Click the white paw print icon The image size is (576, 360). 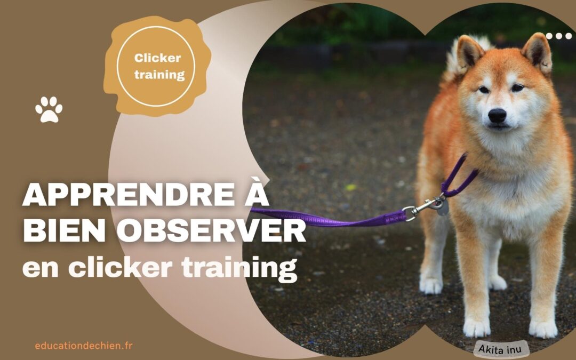(x=49, y=109)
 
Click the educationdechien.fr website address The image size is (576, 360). (x=84, y=346)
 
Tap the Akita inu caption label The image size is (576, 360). (x=500, y=349)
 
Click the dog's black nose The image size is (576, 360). (x=497, y=115)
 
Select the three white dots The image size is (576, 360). (x=559, y=36)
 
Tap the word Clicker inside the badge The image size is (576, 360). (x=157, y=58)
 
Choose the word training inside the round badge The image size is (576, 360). (x=159, y=75)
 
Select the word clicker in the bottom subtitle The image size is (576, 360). (x=120, y=267)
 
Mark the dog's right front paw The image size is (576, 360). (x=476, y=326)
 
